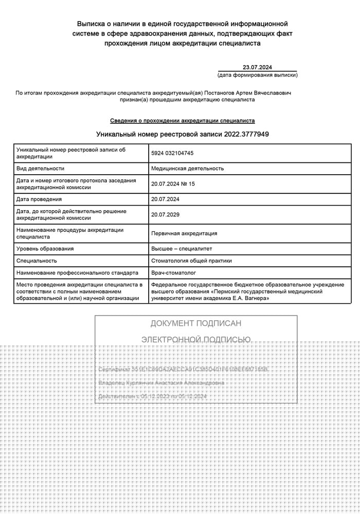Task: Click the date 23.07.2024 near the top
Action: pyautogui.click(x=257, y=67)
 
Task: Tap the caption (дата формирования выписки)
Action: pyautogui.click(x=257, y=75)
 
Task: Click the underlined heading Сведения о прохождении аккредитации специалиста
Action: pyautogui.click(x=183, y=121)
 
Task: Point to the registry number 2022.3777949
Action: pyautogui.click(x=246, y=134)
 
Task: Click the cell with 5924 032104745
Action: pyautogui.click(x=172, y=153)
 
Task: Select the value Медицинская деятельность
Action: pyautogui.click(x=187, y=168)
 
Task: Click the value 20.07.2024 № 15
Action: pyautogui.click(x=173, y=183)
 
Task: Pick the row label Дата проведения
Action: pyautogui.click(x=39, y=199)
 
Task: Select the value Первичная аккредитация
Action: pyautogui.click(x=184, y=233)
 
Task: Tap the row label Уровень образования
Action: pyautogui.click(x=45, y=249)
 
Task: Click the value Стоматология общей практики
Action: pyautogui.click(x=191, y=261)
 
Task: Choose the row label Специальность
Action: pyautogui.click(x=37, y=261)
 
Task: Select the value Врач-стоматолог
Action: pyautogui.click(x=174, y=272)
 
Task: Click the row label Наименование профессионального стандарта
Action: pyautogui.click(x=77, y=272)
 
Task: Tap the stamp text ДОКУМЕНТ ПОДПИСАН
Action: pyautogui.click(x=196, y=323)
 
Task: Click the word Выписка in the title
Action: pyautogui.click(x=92, y=24)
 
